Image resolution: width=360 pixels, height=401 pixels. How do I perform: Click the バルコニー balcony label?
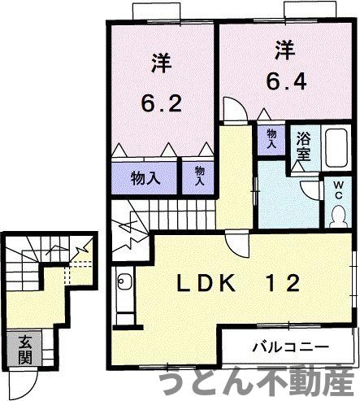click(x=289, y=346)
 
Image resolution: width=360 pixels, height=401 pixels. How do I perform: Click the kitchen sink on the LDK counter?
click(x=124, y=284)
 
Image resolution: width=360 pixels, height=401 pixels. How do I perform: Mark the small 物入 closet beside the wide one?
click(x=197, y=177)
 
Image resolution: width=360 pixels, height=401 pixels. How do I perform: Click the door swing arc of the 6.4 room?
click(x=231, y=111)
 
